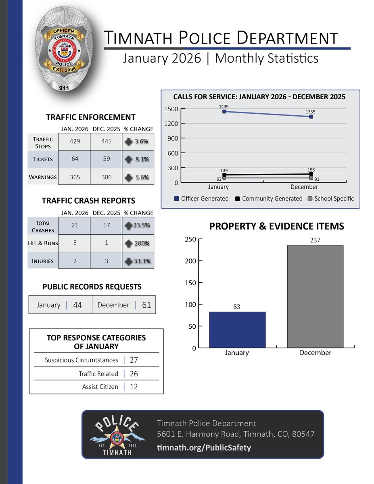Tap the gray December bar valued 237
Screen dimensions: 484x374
pyautogui.click(x=315, y=296)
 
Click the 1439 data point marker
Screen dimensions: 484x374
pyautogui.click(x=224, y=111)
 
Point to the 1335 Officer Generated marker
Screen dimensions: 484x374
pyautogui.click(x=311, y=117)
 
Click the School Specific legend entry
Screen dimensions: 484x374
pyautogui.click(x=331, y=198)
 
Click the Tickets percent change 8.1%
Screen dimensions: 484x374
pyautogui.click(x=138, y=159)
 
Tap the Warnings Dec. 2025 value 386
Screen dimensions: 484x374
pyautogui.click(x=106, y=177)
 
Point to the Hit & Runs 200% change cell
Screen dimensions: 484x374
pyautogui.click(x=138, y=243)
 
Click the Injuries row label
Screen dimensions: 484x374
pyautogui.click(x=43, y=261)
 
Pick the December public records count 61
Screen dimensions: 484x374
pyautogui.click(x=146, y=305)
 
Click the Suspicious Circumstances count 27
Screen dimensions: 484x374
pyautogui.click(x=134, y=360)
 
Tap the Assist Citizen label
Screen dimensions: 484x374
pyautogui.click(x=100, y=387)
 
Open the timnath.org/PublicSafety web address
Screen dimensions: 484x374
pyautogui.click(x=204, y=447)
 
